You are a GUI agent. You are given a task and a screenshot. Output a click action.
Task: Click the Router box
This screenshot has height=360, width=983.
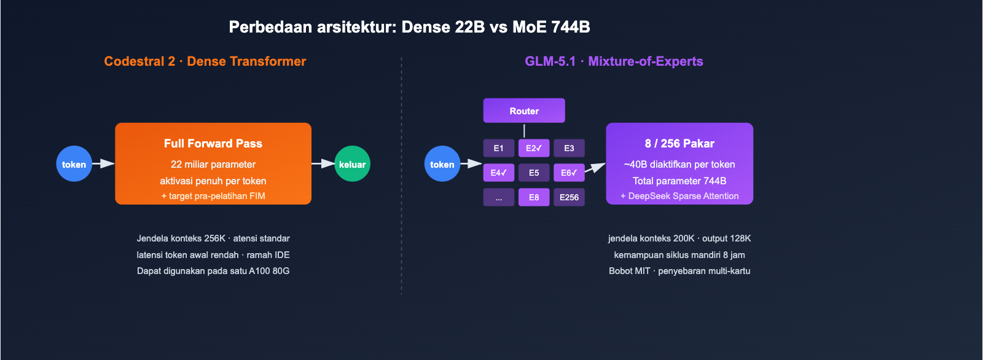point(523,111)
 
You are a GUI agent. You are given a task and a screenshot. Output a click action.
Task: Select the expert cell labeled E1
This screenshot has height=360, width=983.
point(498,148)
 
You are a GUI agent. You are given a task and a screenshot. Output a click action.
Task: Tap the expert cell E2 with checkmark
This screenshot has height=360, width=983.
point(533,148)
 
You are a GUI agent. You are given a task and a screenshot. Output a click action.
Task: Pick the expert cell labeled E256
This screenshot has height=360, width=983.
point(569,197)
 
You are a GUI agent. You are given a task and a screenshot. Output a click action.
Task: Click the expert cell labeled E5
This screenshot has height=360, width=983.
point(533,173)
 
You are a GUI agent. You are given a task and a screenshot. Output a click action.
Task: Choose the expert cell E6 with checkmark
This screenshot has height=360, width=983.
point(569,173)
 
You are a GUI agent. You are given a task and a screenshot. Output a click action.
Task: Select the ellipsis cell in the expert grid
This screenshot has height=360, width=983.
point(498,197)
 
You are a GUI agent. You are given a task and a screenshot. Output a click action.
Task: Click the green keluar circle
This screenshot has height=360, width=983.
point(352,164)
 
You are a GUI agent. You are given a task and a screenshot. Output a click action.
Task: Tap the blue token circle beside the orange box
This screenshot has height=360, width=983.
point(74,164)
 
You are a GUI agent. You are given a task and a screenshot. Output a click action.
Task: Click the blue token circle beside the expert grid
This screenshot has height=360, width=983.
point(442,164)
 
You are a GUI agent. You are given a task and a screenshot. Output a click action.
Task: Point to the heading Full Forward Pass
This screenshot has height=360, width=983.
point(213,143)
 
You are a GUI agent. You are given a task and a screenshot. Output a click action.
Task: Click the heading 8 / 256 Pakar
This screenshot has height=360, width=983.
point(679,143)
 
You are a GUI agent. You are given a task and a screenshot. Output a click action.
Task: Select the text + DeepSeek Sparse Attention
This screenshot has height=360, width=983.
point(679,196)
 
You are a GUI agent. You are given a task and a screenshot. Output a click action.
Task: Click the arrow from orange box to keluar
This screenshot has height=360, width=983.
point(323,163)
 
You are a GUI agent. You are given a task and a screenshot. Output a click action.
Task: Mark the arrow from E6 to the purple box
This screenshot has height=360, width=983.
point(594,168)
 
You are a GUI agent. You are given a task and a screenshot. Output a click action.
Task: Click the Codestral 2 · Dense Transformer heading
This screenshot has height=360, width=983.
point(205,61)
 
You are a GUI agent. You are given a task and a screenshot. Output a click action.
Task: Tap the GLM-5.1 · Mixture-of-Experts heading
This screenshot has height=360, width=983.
point(613,61)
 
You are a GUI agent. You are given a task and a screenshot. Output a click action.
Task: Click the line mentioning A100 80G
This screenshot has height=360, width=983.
point(213,271)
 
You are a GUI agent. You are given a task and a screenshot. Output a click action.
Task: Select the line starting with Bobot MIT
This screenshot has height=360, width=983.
point(679,271)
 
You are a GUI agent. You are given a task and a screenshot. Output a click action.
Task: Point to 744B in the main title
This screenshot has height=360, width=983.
point(570,27)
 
